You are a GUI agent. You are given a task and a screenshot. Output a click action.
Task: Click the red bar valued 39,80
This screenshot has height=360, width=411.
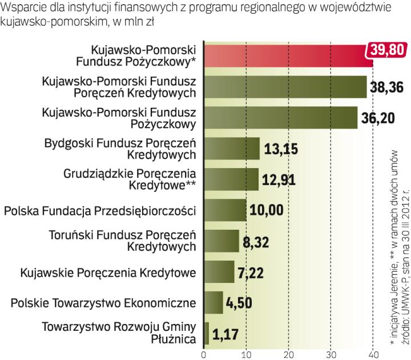285,55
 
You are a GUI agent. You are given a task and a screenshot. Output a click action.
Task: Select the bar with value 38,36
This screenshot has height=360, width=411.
285,87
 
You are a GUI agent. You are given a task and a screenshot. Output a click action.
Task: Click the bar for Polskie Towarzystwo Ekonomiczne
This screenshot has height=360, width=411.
213,303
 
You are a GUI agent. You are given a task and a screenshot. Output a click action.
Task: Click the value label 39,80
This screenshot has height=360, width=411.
386,50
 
